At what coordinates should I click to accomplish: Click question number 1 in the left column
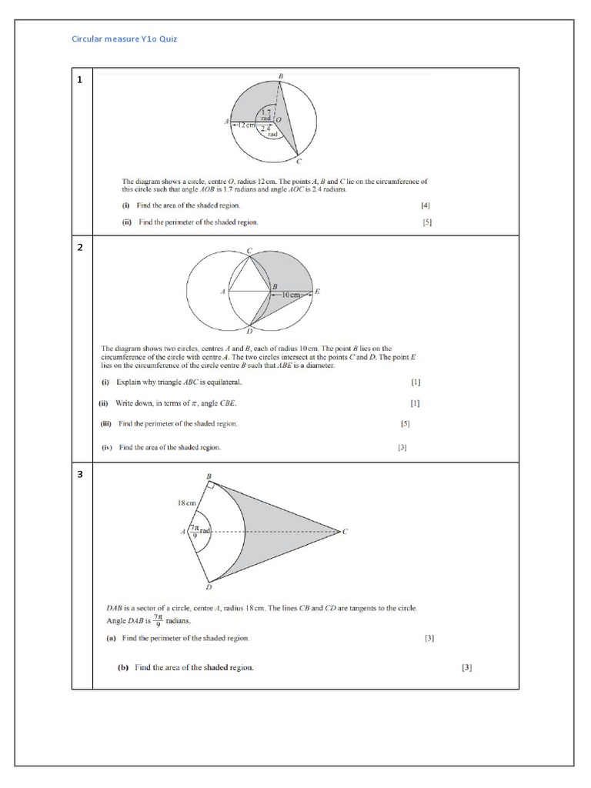coord(80,79)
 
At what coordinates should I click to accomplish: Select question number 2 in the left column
coord(80,248)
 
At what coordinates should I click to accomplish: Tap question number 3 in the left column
coord(80,474)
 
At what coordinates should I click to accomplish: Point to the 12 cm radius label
coord(245,125)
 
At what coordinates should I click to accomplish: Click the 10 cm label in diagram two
coord(293,295)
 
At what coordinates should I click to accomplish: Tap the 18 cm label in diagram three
coord(189,503)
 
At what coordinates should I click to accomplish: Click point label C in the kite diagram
coord(345,531)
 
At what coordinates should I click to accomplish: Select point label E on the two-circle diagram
coord(318,292)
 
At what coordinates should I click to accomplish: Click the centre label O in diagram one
coord(279,120)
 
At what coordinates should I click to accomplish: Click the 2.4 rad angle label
coord(267,132)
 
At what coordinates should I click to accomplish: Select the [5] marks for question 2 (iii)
coord(406,424)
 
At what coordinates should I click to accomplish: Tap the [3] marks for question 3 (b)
coord(466,667)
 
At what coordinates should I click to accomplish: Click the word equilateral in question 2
coord(224,382)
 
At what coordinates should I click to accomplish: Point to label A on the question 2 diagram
coord(222,292)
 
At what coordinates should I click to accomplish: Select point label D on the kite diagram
coord(209,586)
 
